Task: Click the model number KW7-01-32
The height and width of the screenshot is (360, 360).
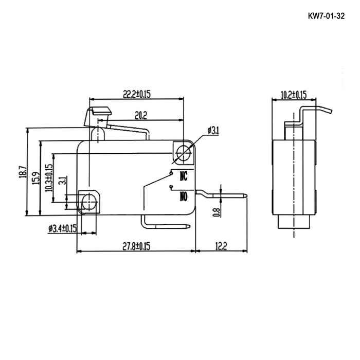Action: click(x=326, y=16)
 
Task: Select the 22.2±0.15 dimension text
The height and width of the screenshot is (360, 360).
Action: click(x=137, y=94)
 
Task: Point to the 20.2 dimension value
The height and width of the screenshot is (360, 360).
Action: click(x=141, y=116)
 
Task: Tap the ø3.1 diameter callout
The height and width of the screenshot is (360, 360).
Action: click(x=213, y=131)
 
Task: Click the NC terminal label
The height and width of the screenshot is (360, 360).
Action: click(x=184, y=176)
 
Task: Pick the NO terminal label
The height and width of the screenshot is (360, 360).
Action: click(x=184, y=196)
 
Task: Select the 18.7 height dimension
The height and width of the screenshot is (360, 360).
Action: click(x=23, y=172)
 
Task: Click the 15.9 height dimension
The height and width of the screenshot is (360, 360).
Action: click(x=35, y=178)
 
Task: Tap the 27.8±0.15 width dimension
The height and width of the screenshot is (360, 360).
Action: click(x=136, y=246)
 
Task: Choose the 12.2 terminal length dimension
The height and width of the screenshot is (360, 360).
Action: click(x=221, y=246)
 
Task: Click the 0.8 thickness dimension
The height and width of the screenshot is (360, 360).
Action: click(x=217, y=212)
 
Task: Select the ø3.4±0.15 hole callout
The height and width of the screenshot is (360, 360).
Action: click(x=62, y=228)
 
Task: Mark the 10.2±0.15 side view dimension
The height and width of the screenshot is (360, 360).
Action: click(x=294, y=95)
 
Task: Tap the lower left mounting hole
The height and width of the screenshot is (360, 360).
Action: click(x=89, y=202)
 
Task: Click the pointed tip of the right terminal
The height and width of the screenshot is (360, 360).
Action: click(x=247, y=196)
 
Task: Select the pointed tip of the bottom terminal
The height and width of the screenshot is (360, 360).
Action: click(x=189, y=226)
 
